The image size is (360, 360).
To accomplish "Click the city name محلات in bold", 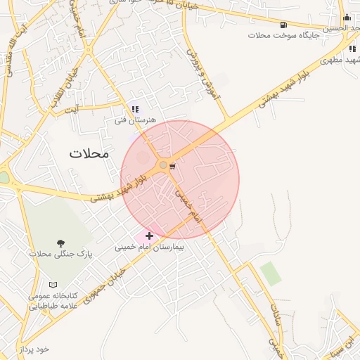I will pyautogui.click(x=89, y=153).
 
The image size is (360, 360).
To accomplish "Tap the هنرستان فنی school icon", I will pyautogui.click(x=135, y=110).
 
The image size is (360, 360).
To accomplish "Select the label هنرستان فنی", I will pyautogui.click(x=135, y=120).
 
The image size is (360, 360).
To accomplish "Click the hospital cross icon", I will pyautogui.click(x=149, y=236).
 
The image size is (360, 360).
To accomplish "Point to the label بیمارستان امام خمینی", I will pyautogui.click(x=149, y=247).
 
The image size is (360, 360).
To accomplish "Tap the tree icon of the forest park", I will pyautogui.click(x=60, y=243).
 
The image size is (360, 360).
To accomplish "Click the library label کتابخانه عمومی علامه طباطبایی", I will pyautogui.click(x=52, y=301).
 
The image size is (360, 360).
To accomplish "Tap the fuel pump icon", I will pyautogui.click(x=283, y=24).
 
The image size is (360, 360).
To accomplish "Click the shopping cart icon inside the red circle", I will pyautogui.click(x=172, y=166).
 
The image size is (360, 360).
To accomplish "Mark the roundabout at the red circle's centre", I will pyautogui.click(x=163, y=165).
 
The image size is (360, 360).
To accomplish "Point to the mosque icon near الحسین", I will pyautogui.click(x=347, y=18).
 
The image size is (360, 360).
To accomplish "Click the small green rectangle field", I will pyautogui.click(x=270, y=273).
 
